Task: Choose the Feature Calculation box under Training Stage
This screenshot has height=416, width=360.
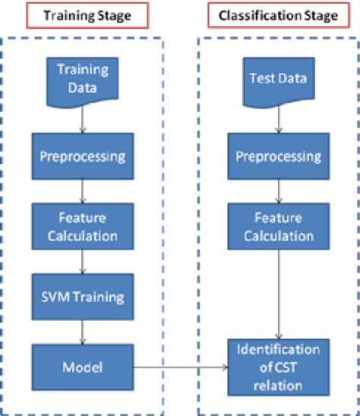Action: [x=84, y=226]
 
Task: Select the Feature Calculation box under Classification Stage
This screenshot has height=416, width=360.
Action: [x=279, y=226]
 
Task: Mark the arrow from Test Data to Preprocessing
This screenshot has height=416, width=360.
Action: [x=279, y=121]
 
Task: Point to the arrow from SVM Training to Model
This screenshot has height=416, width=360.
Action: [x=84, y=331]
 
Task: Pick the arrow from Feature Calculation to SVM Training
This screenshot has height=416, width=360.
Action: [x=84, y=262]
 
